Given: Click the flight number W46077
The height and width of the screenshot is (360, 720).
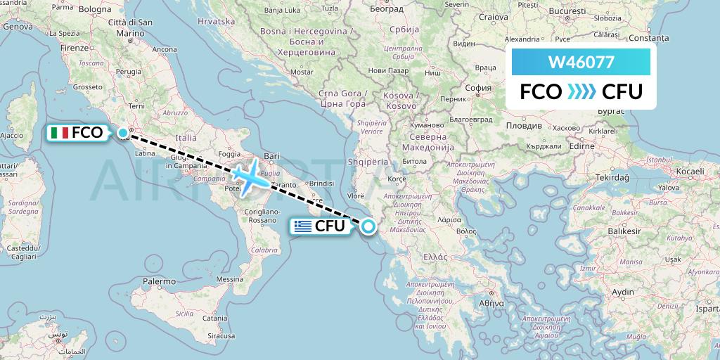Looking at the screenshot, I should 581,63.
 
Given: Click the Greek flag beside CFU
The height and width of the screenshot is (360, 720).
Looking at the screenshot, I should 303,226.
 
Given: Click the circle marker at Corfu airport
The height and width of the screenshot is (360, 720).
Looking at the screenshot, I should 368,226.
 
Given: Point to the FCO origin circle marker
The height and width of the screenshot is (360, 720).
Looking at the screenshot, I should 123,132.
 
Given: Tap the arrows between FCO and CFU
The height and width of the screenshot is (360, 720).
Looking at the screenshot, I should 581,92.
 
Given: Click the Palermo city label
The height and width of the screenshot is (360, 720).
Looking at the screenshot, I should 158,281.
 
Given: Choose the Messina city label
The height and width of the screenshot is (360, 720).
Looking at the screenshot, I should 229,279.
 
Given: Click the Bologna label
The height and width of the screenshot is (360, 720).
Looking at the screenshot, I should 95,9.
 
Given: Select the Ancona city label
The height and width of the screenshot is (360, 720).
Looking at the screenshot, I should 165,49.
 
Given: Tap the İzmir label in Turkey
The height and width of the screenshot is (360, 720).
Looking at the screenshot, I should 568,269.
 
